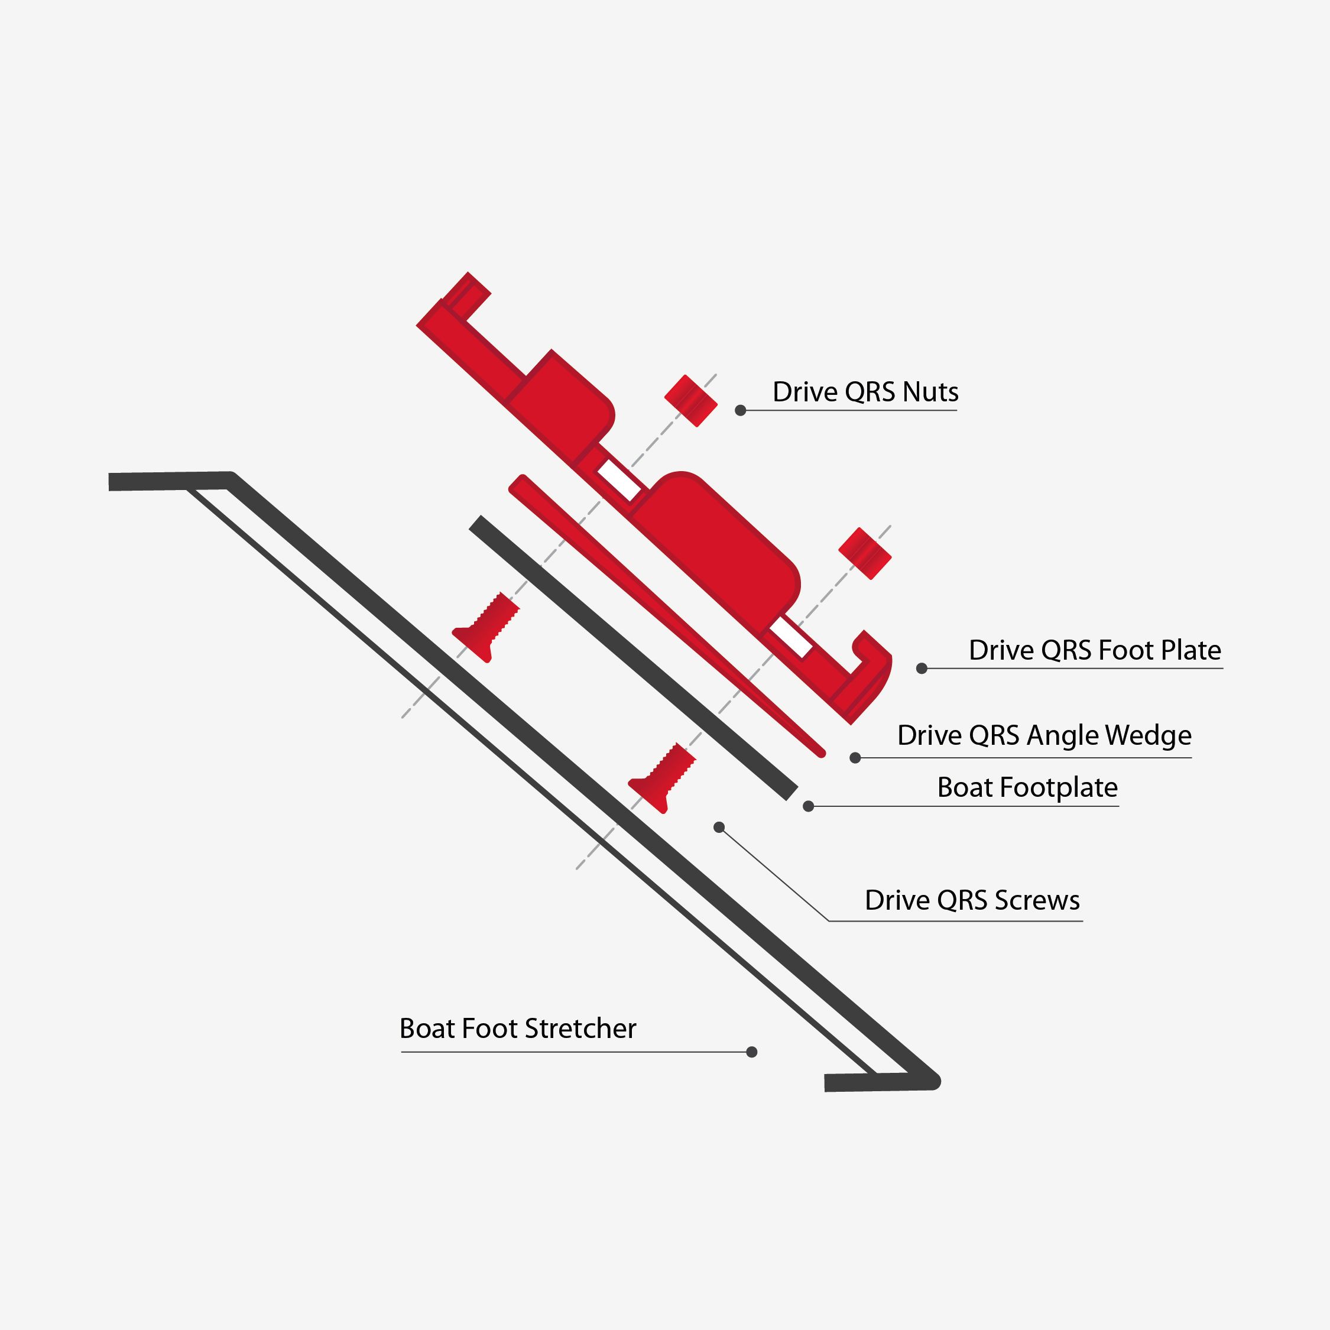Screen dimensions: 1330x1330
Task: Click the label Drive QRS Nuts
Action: tap(865, 392)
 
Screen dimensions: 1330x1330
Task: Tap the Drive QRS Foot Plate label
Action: tap(1095, 650)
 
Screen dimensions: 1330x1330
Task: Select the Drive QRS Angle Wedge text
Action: tap(1044, 735)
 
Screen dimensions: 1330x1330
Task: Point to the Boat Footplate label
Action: tap(1027, 787)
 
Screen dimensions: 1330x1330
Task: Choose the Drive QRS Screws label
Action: tap(972, 900)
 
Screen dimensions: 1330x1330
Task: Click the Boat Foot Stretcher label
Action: tap(518, 1028)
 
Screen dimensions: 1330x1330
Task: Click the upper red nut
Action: tap(690, 401)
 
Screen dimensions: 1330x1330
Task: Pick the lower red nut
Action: tap(865, 553)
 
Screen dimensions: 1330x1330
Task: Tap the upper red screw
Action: tap(485, 627)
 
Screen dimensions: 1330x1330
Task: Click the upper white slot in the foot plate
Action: tap(619, 480)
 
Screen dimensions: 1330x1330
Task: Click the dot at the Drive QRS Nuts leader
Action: tap(741, 410)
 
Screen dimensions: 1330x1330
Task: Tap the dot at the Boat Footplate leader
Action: tap(808, 806)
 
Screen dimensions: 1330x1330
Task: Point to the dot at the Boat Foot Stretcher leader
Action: tap(752, 1052)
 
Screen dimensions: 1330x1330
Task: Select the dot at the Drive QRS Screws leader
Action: tap(719, 828)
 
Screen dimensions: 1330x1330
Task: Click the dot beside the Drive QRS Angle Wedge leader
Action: tap(855, 758)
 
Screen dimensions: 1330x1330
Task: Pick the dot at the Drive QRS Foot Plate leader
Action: tap(922, 669)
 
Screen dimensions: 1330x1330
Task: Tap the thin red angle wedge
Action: tap(661, 612)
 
